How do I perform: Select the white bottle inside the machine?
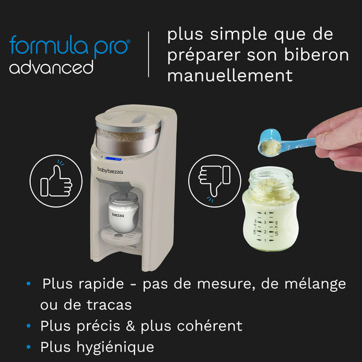pos(120,215)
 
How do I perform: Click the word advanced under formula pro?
pos(51,67)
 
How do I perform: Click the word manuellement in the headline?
pos(230,75)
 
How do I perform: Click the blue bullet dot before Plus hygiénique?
pos(28,348)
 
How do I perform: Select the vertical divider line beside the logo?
pos(148,56)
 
